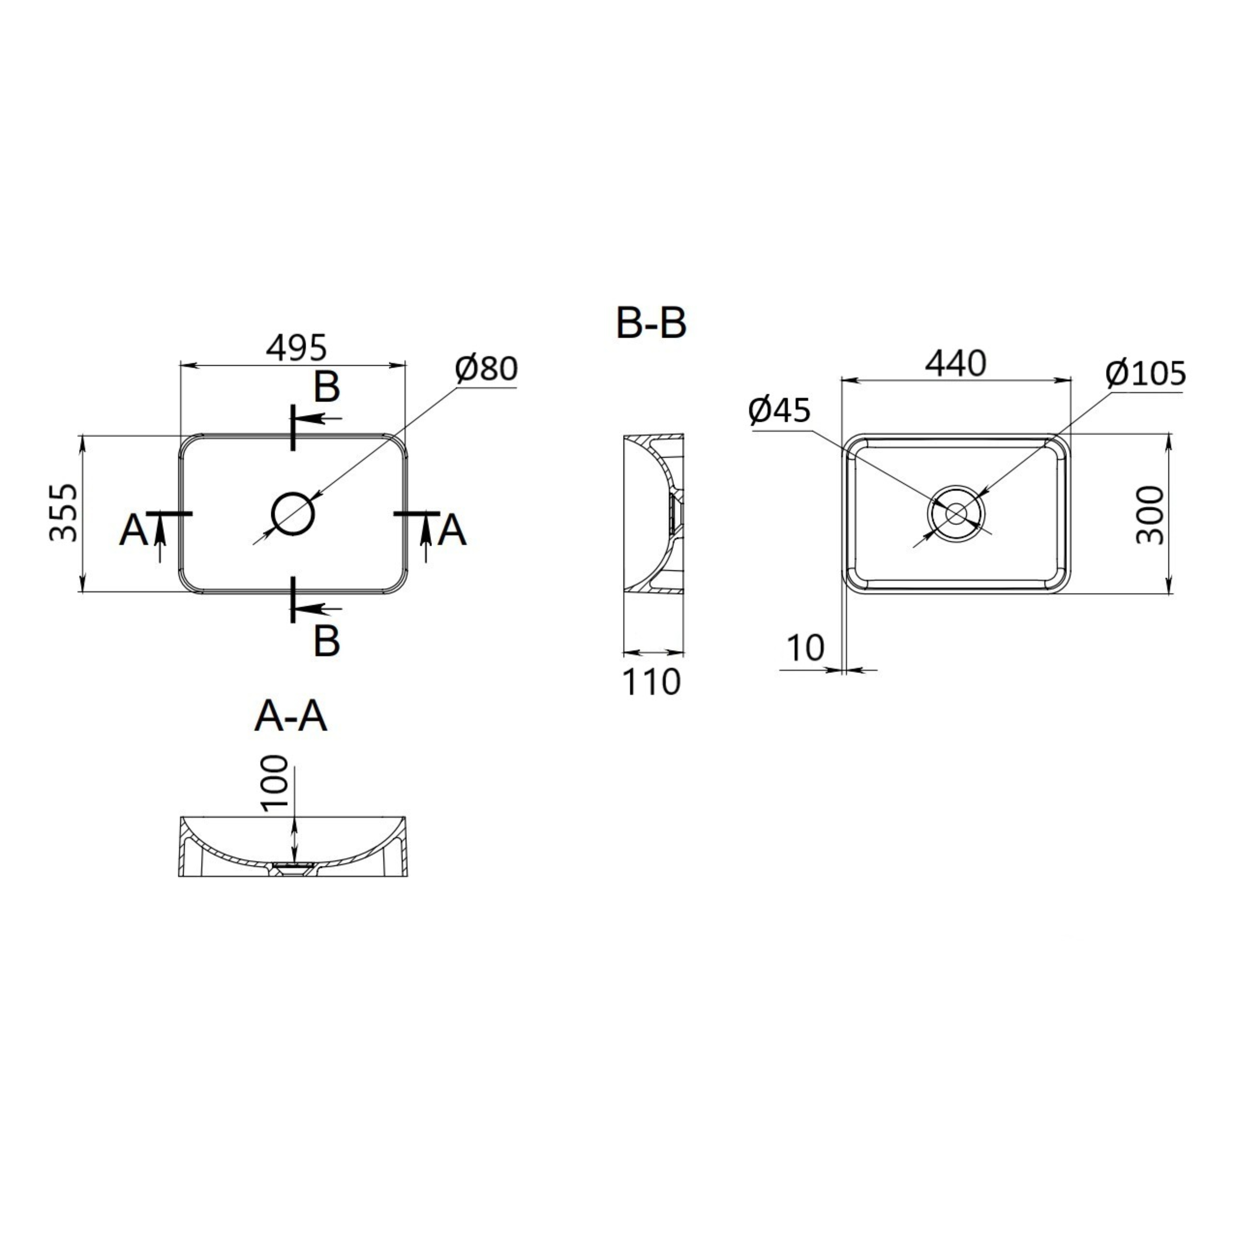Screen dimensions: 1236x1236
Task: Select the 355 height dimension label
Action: point(64,513)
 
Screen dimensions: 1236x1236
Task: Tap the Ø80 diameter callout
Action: point(486,369)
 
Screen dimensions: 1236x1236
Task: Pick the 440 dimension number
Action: point(956,364)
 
